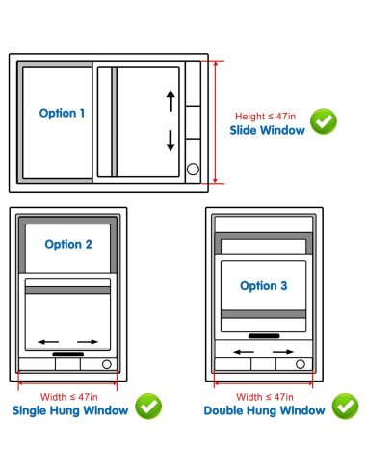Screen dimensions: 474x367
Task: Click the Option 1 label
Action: [62, 113]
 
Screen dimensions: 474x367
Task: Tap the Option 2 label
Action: [68, 244]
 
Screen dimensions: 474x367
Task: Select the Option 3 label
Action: [263, 285]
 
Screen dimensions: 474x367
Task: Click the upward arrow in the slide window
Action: [170, 100]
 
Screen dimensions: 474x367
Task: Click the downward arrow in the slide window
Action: [170, 139]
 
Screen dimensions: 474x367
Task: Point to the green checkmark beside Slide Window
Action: [324, 121]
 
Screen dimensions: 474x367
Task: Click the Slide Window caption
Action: [267, 130]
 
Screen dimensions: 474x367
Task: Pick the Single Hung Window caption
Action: [69, 411]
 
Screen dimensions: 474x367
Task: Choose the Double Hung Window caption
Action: [264, 411]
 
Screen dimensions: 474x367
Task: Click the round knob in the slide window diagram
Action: [192, 170]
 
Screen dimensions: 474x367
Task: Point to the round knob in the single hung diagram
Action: [107, 365]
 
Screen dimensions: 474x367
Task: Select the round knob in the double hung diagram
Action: [301, 364]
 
